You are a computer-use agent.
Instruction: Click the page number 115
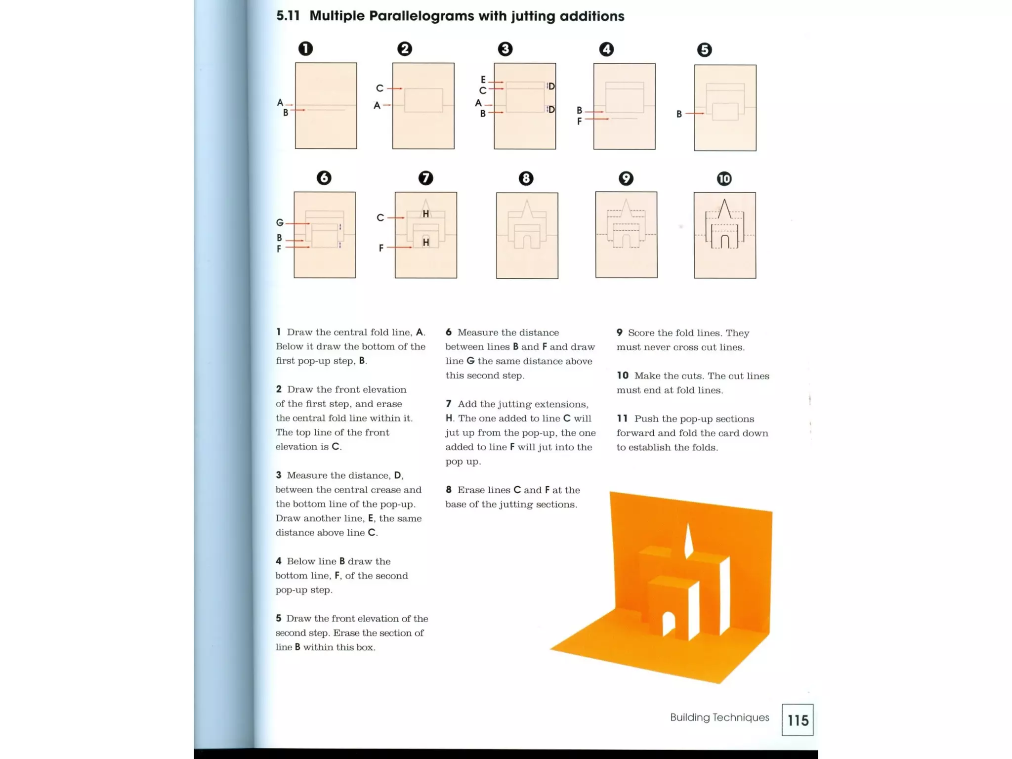pos(798,720)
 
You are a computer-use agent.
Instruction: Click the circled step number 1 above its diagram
pos(305,48)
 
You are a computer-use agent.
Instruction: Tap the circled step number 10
pos(724,178)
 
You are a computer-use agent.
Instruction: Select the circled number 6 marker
pos(324,178)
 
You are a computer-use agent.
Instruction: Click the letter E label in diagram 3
pos(483,80)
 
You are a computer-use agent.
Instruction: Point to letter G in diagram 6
pos(280,223)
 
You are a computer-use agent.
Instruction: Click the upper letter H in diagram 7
pos(425,213)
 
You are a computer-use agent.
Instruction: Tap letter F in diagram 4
pos(579,121)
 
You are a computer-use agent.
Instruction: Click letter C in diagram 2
pos(379,88)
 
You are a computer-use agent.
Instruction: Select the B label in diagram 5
pos(679,114)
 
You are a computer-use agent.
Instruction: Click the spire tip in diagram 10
pos(724,200)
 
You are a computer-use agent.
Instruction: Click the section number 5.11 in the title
pos(288,16)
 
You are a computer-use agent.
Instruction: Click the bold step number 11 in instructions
pos(622,419)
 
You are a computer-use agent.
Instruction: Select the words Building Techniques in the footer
pos(719,717)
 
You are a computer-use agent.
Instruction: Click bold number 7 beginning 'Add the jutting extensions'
pos(449,404)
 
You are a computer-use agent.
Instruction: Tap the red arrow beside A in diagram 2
pos(387,105)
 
